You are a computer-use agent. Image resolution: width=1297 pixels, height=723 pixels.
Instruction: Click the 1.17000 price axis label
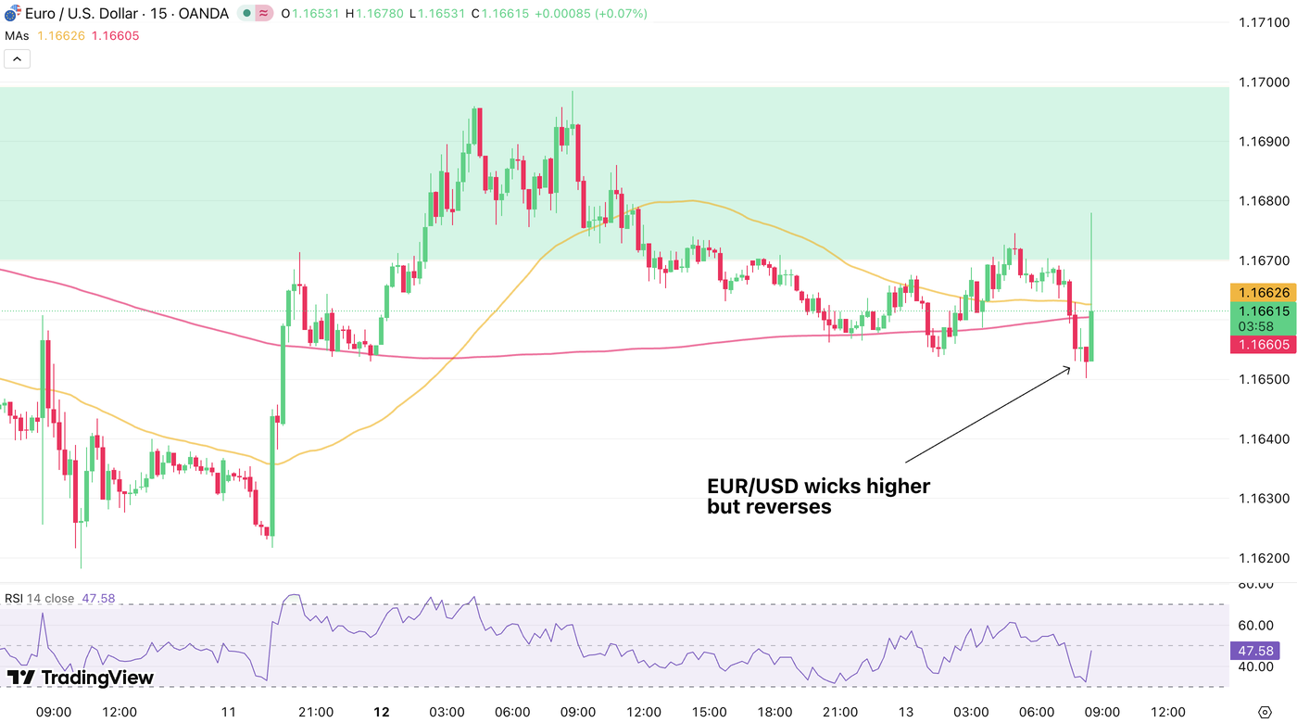click(x=1264, y=82)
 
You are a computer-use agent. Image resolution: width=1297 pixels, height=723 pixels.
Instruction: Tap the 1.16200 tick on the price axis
click(x=1264, y=558)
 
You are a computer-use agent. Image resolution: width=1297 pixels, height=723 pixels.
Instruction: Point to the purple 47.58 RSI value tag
click(x=1260, y=651)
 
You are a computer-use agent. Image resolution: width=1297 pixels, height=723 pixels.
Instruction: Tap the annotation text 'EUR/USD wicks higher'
click(x=818, y=486)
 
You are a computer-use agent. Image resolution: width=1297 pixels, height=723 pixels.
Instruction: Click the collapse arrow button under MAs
click(x=17, y=59)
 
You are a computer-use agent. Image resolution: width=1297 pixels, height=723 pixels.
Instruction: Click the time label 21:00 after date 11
click(x=316, y=712)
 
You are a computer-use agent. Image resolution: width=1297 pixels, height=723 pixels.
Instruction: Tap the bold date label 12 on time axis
click(x=381, y=712)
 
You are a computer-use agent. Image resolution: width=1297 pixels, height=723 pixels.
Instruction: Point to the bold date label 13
click(x=907, y=712)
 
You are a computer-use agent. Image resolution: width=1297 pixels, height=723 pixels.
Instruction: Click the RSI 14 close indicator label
click(x=39, y=599)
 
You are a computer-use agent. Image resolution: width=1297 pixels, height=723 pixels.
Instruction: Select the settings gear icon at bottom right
click(x=1265, y=712)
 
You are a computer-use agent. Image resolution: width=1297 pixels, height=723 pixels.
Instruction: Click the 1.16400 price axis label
click(x=1264, y=438)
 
